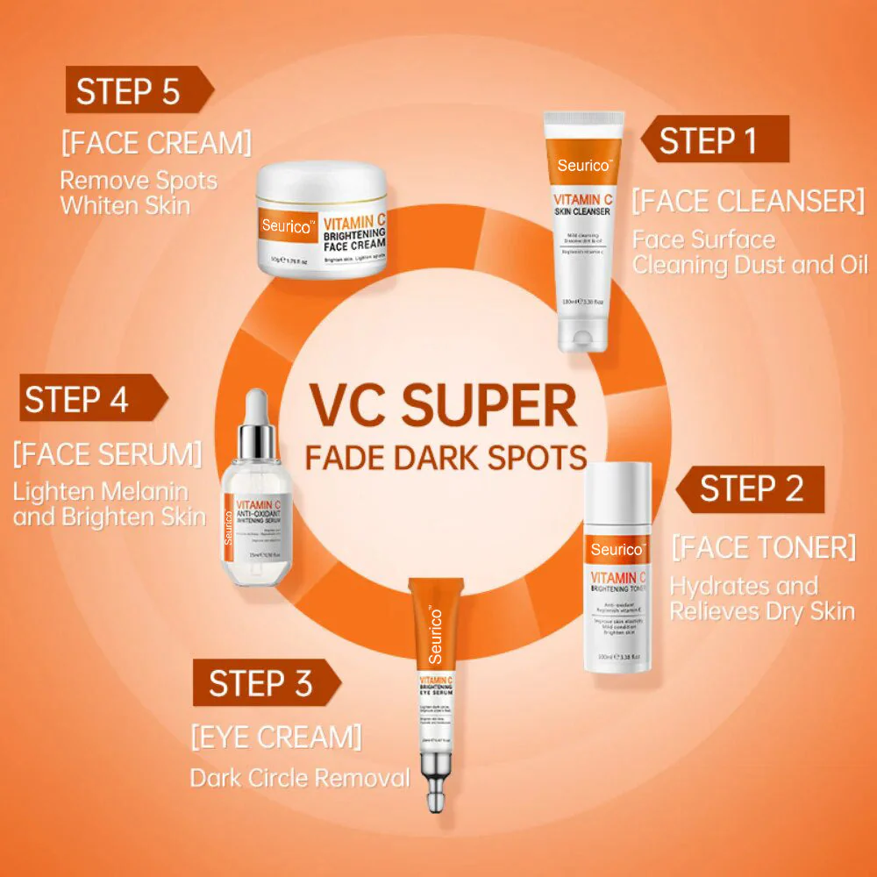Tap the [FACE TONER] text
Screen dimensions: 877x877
[763, 547]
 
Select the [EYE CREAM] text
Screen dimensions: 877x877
[275, 737]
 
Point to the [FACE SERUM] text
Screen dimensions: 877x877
[107, 454]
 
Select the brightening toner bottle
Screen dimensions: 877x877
[617, 570]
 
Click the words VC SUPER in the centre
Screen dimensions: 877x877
[442, 405]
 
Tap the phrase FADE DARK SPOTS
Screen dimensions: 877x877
[445, 457]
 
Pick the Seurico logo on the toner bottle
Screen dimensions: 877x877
[617, 549]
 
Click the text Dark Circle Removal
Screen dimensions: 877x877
[300, 777]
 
